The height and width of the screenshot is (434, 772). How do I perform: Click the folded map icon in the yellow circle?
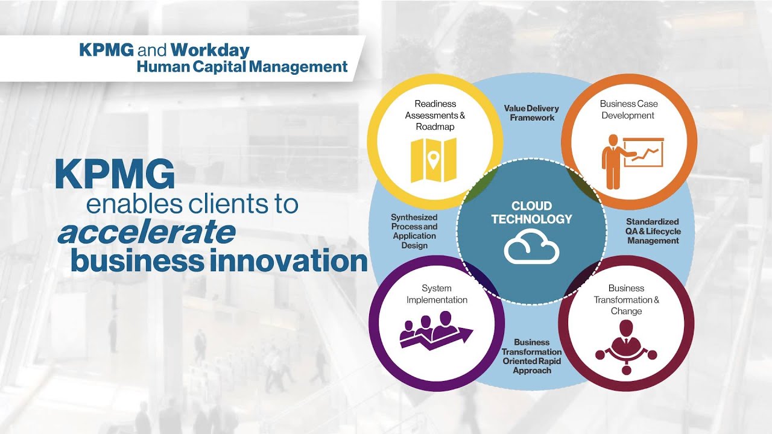coord(433,160)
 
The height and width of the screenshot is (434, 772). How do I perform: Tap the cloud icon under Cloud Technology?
coord(531,248)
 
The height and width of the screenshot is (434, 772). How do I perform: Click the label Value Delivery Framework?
coord(531,113)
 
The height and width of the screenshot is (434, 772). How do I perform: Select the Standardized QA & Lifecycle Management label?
coord(653,231)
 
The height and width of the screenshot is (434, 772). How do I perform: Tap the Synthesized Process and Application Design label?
coord(414,231)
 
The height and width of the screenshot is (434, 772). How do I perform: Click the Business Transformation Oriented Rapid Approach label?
coord(531,356)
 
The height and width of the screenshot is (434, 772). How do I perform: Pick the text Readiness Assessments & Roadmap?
coord(435,115)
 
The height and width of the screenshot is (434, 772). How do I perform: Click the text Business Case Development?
coord(628,109)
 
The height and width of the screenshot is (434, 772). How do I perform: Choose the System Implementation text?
coord(437,294)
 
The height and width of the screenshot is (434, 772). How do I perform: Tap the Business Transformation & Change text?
coord(626,300)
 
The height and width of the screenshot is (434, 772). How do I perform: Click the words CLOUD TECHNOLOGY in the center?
coord(531,212)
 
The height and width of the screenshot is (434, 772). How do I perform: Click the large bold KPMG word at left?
coord(115,175)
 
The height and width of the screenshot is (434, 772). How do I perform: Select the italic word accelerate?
coord(147,233)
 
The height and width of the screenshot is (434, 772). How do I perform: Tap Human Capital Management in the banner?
coord(242,66)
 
